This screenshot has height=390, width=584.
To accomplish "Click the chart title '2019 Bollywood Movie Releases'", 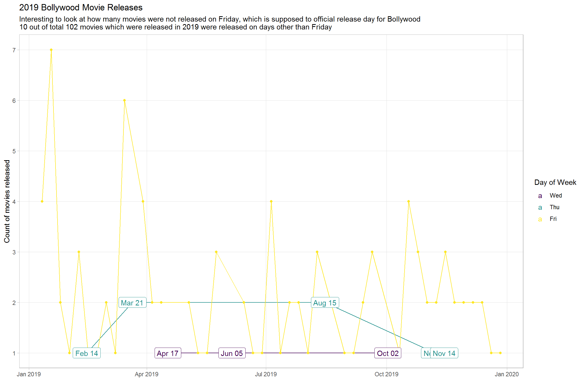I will point(81,8).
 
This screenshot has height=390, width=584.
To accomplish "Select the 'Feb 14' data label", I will point(87,353).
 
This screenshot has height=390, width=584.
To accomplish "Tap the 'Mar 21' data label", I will point(132,303).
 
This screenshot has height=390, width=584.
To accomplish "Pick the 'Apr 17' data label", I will point(168,353).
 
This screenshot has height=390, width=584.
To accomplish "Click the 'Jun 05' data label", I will point(232,353).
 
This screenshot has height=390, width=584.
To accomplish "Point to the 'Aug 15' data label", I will point(325,303).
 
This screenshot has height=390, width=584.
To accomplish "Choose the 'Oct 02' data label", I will point(388,353).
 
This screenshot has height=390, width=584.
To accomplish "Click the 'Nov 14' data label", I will point(444,353).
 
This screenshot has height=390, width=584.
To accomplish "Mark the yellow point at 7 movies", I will point(51,50).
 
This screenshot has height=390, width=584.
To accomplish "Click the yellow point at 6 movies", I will point(124,101).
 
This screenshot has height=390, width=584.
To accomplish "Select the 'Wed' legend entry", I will point(556,196).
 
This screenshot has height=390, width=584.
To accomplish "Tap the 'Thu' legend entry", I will point(554,207).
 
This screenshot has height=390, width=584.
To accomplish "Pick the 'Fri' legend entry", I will point(553,219).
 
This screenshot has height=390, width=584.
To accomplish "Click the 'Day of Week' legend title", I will point(555,182).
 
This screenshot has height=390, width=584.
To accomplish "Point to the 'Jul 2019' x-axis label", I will point(266,374).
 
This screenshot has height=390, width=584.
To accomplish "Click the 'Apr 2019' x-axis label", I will point(147,374).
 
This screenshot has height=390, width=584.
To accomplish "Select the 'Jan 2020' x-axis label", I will point(507,374).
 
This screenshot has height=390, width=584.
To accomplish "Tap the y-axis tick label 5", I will point(14,151).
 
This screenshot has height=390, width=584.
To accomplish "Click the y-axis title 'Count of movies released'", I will point(7,201).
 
